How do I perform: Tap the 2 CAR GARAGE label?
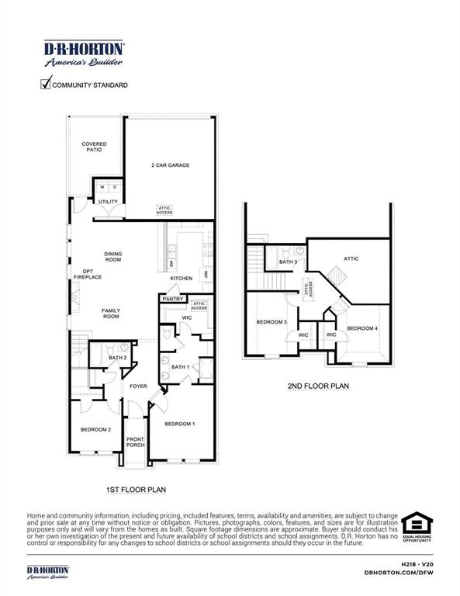coord(170,165)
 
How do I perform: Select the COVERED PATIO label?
coord(94,147)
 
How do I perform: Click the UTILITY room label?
coord(108,202)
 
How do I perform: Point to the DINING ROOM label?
coord(114,256)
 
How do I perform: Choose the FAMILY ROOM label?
coord(111,314)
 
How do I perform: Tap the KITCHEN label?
coord(181,278)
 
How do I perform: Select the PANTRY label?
coord(172,299)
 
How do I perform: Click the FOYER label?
coord(138,386)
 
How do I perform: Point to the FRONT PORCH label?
coord(136,442)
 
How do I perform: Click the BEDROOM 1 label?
coord(180,424)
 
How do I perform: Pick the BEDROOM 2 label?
coord(96,429)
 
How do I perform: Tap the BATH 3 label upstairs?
coord(288,262)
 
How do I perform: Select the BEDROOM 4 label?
coord(362,328)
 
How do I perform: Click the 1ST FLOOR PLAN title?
coord(135,490)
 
